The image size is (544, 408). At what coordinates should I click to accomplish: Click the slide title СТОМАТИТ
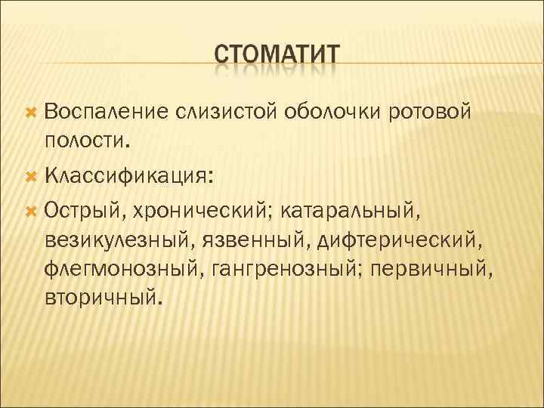coord(277,57)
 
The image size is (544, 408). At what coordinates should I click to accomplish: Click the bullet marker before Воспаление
coord(31,113)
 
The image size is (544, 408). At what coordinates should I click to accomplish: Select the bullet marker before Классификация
coord(31,176)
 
